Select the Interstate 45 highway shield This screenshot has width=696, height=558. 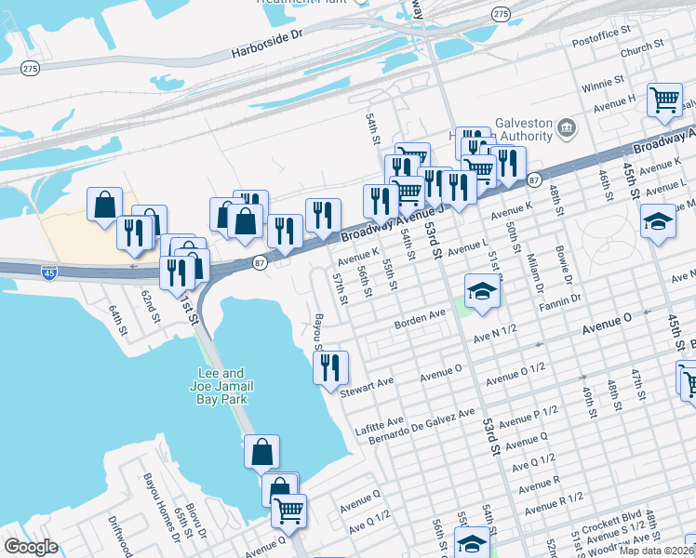49,272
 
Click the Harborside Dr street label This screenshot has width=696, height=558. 271,34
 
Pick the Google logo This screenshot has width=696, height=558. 31,547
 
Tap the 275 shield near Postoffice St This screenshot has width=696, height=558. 501,13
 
